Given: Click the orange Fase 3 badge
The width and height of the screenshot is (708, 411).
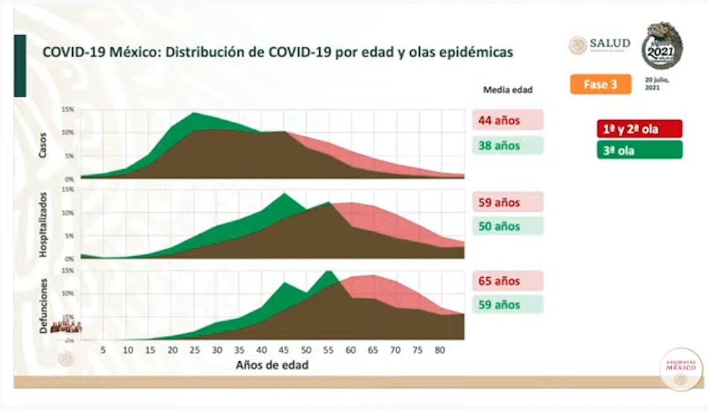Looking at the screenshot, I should tap(601, 84).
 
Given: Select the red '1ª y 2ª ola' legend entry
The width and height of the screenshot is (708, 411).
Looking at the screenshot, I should tap(639, 129).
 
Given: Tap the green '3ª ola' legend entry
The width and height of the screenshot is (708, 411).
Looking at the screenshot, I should tap(639, 150).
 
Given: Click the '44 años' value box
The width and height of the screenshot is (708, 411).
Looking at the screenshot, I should tap(507, 120).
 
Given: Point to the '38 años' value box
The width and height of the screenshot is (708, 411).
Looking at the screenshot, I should tap(507, 146).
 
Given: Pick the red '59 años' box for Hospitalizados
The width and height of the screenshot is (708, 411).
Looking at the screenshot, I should tap(507, 203).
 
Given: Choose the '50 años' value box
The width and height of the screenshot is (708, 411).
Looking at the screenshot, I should tap(507, 226).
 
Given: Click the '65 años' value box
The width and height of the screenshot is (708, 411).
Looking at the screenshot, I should tap(507, 281).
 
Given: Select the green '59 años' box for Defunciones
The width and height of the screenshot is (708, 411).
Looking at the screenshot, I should tap(507, 305).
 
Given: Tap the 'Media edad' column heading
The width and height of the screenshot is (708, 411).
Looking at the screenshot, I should tap(508, 90).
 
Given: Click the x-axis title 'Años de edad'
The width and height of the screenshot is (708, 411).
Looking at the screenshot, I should tap(272, 365).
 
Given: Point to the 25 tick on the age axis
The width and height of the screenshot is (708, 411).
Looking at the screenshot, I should tap(194, 350).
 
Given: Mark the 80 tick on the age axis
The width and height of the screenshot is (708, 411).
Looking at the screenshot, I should tap(441, 350).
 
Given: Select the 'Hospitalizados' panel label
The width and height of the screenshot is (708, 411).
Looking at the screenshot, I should tap(44, 224).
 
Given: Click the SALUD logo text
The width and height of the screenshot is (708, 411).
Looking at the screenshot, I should tap(609, 44).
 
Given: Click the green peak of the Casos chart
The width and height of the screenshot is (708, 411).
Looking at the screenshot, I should tap(192, 114).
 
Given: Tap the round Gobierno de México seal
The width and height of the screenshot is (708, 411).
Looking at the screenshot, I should tap(681, 369).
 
